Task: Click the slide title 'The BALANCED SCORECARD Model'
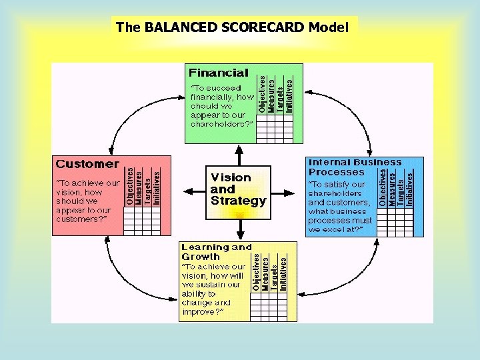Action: tap(232, 27)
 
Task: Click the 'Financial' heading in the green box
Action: tap(219, 73)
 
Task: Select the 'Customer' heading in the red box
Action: tap(87, 164)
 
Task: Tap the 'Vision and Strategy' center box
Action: tap(239, 189)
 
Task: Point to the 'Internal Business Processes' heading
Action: tap(355, 167)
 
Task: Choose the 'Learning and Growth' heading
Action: tap(217, 251)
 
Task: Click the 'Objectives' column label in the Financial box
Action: tap(262, 94)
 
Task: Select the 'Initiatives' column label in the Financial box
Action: tap(289, 94)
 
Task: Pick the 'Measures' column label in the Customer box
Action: tap(139, 187)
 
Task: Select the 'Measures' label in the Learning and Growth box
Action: tap(265, 274)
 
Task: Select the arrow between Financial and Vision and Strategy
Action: tap(239, 155)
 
